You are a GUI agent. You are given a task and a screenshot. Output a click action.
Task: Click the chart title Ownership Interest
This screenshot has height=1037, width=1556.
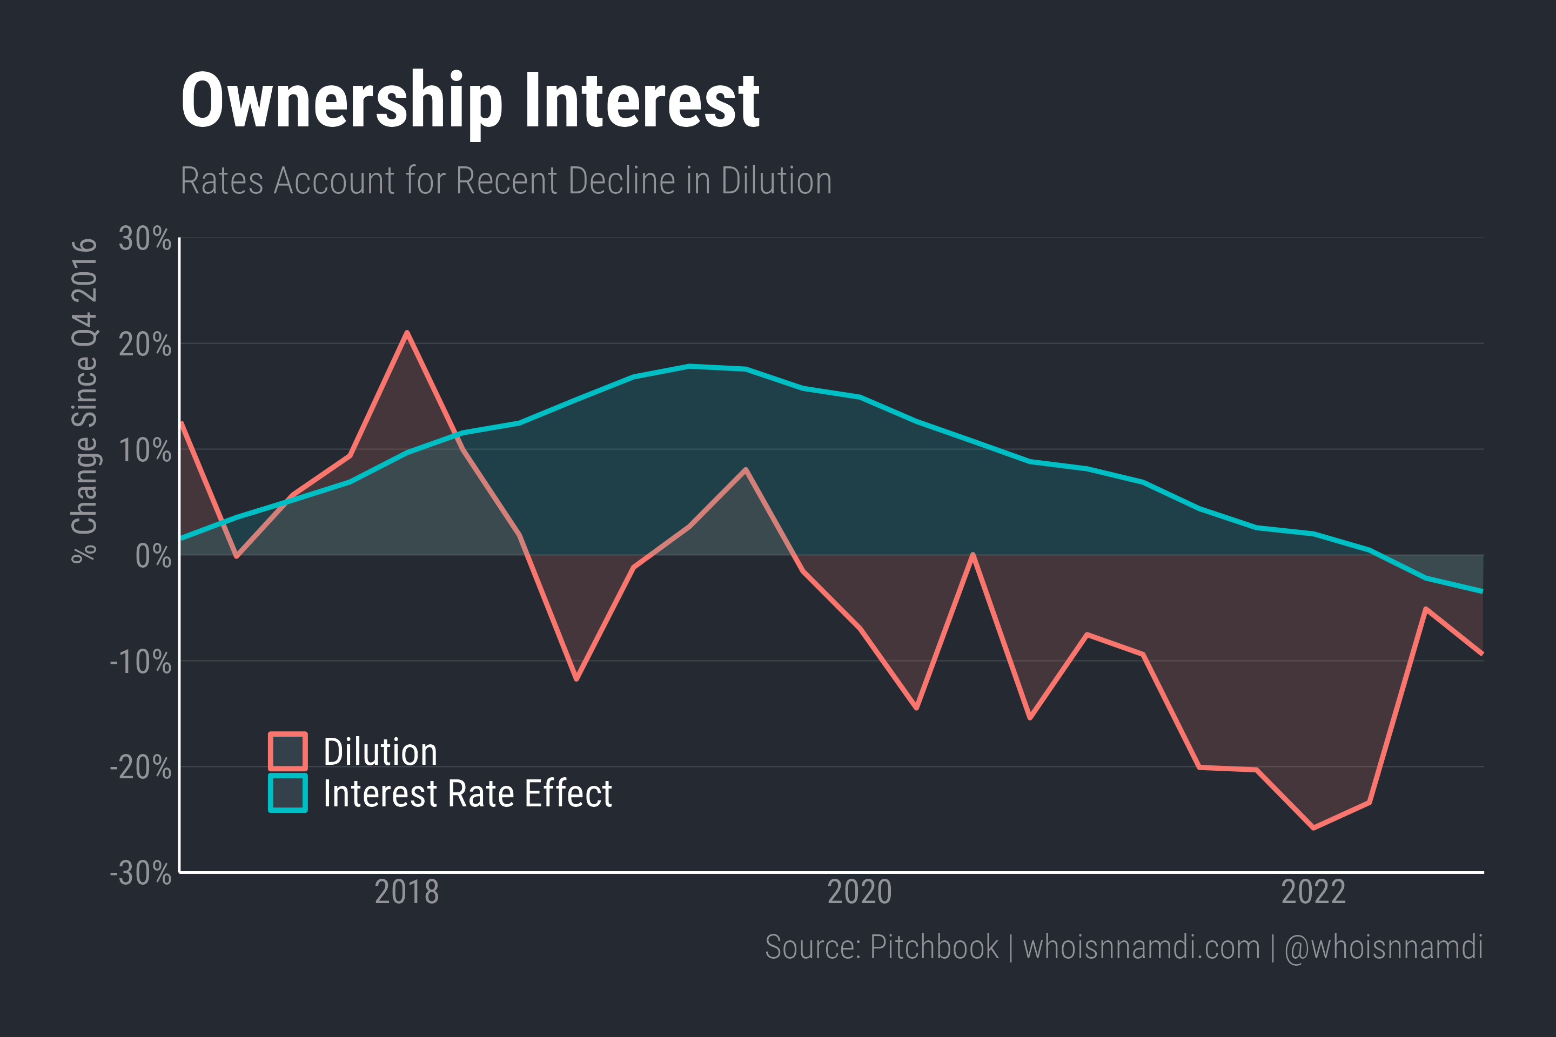click(470, 101)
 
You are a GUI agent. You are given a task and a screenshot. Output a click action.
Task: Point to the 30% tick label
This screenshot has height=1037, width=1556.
click(145, 238)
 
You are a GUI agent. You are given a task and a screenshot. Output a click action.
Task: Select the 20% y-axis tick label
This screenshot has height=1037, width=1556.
click(145, 344)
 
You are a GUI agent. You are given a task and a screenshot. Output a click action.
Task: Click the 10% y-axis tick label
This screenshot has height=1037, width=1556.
click(145, 450)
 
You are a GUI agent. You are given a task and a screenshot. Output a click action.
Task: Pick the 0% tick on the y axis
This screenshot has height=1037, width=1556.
click(153, 556)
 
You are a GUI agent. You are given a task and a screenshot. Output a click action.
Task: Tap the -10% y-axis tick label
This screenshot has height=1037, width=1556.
click(140, 661)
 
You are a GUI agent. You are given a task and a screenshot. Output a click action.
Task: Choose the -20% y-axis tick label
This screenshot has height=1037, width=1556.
click(140, 767)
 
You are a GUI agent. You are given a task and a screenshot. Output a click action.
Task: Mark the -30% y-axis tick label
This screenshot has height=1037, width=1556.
click(140, 873)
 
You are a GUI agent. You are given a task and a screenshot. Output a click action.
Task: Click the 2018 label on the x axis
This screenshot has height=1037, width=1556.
click(406, 892)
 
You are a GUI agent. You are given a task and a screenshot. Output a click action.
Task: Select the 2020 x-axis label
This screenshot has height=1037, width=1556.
click(860, 892)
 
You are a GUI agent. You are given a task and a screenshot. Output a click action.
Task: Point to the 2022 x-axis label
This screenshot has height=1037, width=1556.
click(1313, 892)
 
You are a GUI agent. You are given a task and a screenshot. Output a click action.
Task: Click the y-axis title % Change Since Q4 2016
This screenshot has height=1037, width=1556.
click(85, 400)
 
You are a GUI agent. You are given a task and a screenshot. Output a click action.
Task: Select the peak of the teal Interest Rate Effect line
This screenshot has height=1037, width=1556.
click(689, 366)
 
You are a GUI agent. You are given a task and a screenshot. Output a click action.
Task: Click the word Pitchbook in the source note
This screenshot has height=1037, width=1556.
click(934, 947)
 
